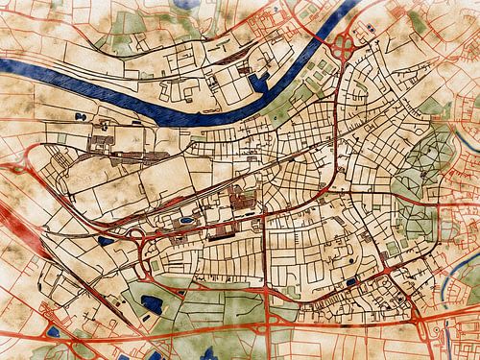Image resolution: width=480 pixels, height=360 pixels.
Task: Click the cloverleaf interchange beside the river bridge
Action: (343, 42)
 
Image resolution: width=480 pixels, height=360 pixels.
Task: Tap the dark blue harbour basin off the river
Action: (256, 83)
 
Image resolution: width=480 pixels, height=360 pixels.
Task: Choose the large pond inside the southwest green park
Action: (152, 306)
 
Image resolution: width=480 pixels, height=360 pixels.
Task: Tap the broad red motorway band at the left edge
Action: (12, 215)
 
